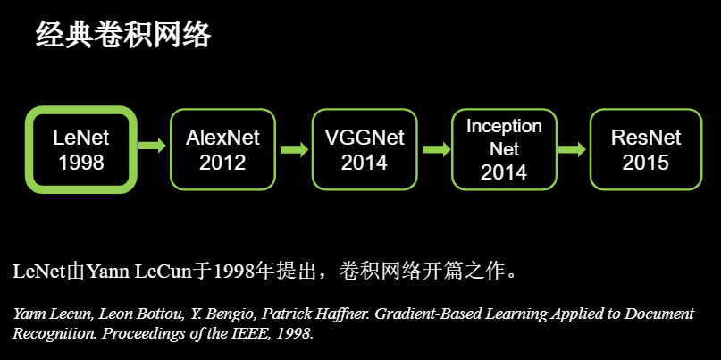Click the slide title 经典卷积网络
pos(123,35)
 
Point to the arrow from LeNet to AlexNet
pos(152,146)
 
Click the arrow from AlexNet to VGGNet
pos(294,149)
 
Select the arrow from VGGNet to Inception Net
pos(436,149)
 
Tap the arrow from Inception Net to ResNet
pos(572,149)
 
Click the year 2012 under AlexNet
pos(222,163)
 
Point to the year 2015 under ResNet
pos(646,163)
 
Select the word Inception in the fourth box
pos(505,127)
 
